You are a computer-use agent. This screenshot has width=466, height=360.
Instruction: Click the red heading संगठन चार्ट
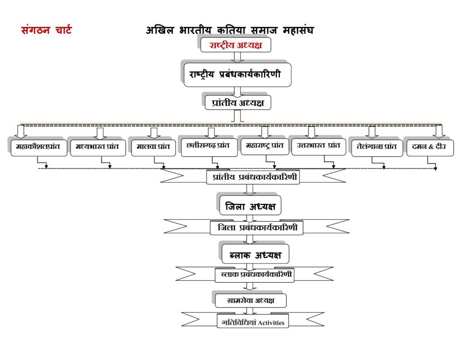46,30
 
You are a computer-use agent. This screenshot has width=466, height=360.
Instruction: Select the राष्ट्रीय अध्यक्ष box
236,45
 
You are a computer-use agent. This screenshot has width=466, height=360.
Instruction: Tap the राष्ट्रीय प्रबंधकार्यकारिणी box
238,75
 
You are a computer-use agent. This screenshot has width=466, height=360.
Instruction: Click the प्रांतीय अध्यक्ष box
238,102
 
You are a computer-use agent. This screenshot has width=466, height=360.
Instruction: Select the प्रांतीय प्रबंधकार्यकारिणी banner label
253,177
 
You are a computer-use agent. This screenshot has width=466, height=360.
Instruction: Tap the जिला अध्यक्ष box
250,205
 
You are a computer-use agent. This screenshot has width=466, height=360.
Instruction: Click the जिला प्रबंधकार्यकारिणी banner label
257,228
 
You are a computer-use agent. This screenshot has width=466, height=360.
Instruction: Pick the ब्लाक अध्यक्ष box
255,254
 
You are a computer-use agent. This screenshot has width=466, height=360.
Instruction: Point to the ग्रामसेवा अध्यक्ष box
251,300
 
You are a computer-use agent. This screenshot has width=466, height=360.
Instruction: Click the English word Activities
271,323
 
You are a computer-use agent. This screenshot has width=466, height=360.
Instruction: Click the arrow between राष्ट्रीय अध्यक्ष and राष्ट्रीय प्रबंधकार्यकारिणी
237,58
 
